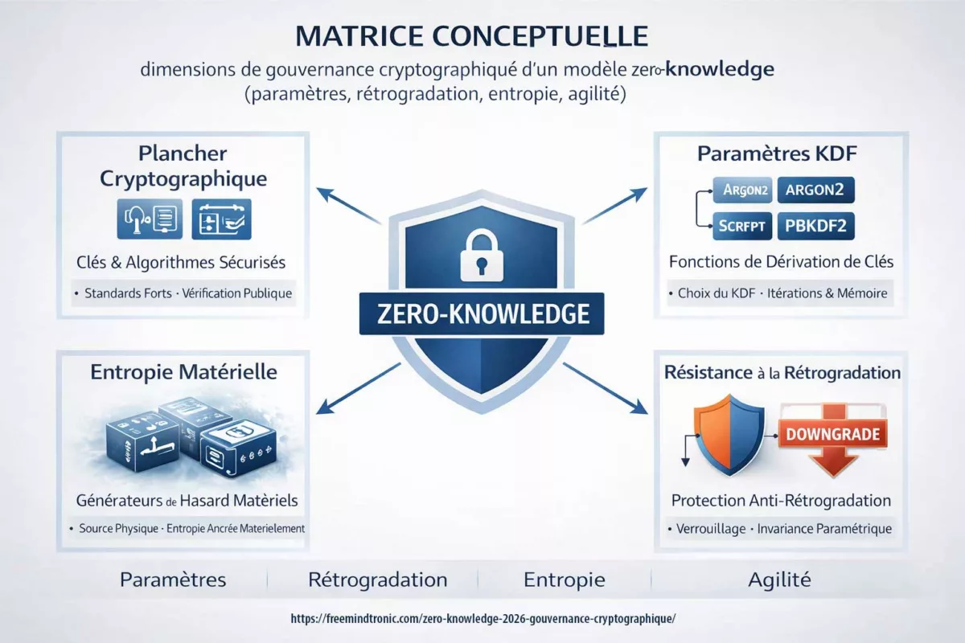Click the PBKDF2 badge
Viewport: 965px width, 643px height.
tap(816, 226)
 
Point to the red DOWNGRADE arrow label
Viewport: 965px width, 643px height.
tap(833, 436)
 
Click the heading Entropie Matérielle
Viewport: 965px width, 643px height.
tap(184, 372)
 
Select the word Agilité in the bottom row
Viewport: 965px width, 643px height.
tap(779, 580)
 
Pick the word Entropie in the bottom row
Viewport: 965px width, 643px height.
tap(565, 580)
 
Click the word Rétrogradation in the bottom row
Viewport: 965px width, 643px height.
tap(377, 580)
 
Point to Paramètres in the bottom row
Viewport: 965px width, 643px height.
tap(173, 580)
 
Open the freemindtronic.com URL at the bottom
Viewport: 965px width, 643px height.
tap(482, 619)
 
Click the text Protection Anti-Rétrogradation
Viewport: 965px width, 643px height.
tap(781, 500)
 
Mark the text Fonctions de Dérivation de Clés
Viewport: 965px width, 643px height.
tap(781, 261)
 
